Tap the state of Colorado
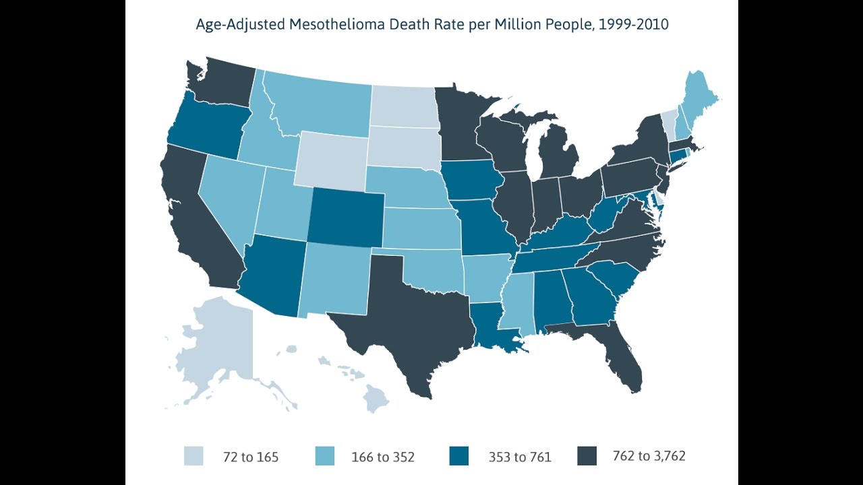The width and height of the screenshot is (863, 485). pos(346,218)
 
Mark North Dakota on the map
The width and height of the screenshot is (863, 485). pos(405,106)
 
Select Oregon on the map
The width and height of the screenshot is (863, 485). pos(206,127)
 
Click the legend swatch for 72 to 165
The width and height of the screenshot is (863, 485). pos(194,456)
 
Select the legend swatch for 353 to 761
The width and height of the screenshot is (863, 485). pos(459,456)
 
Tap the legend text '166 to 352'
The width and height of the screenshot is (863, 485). pos(383,457)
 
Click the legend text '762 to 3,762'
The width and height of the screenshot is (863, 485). pos(649,456)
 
